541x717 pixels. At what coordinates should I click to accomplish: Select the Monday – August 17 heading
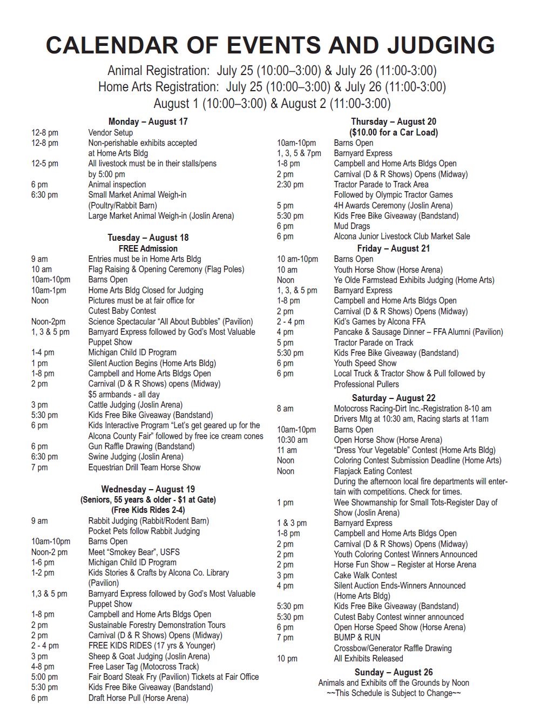(148, 121)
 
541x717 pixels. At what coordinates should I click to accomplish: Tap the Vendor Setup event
(110, 132)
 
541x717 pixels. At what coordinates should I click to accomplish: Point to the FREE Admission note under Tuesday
(148, 248)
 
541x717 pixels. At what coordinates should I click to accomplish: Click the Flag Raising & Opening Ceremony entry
(166, 269)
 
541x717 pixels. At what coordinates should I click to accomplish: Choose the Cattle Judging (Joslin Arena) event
(135, 405)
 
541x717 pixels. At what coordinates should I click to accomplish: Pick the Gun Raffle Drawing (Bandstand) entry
(141, 447)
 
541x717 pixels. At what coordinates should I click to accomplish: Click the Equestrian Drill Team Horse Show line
(144, 468)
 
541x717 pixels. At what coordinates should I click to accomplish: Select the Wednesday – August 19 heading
(148, 489)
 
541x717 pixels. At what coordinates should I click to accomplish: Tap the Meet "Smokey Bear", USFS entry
(134, 552)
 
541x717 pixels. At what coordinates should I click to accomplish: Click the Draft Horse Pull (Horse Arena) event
(138, 698)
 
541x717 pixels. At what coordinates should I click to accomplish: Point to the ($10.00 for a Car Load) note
(393, 132)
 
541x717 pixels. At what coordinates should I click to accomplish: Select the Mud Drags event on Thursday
(352, 226)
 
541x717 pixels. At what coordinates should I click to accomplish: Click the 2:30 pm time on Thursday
(290, 185)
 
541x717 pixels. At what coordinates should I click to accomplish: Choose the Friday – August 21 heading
(393, 248)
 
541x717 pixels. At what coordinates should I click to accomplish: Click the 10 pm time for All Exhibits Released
(287, 659)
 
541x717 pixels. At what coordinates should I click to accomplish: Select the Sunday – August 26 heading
(393, 672)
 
